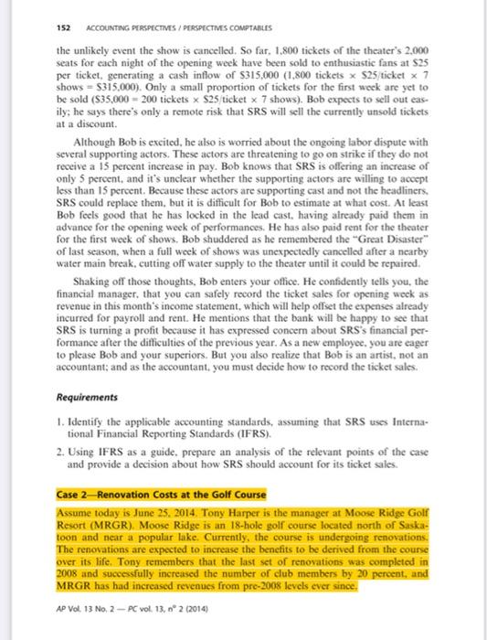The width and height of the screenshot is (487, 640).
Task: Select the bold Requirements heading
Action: tap(87, 424)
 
